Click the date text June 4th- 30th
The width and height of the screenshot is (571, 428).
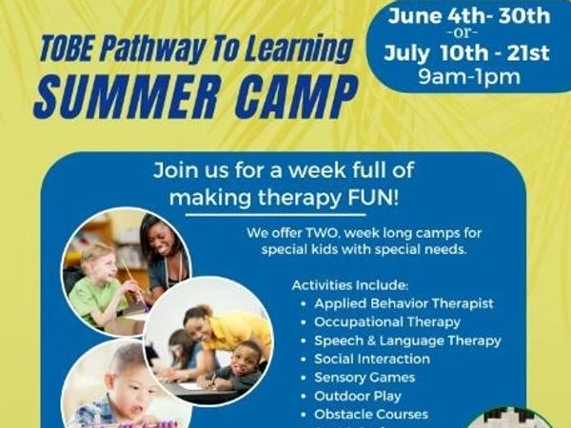point(469,16)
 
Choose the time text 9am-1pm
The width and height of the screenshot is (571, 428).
point(469,77)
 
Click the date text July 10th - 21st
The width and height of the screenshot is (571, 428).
point(466,53)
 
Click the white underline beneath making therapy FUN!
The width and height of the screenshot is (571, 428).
point(276,215)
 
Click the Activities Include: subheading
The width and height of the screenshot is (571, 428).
point(350,285)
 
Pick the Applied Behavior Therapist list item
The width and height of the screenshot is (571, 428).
point(404,303)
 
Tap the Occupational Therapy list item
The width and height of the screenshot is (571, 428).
point(387,322)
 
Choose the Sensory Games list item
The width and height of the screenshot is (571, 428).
point(364,378)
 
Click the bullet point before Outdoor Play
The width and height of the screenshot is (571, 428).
point(304,396)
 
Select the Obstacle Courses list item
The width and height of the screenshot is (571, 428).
point(371,414)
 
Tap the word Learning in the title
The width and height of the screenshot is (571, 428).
point(299,49)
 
